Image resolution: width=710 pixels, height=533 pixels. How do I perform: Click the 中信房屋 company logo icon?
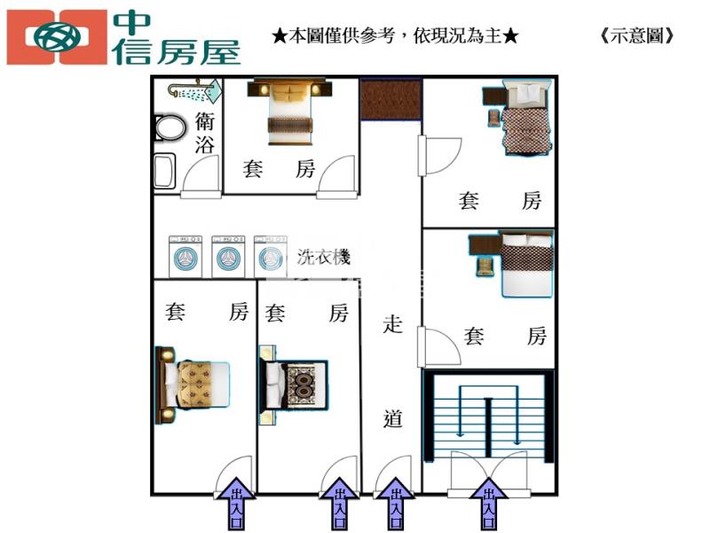56,36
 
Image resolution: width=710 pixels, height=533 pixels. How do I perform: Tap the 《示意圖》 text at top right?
637,36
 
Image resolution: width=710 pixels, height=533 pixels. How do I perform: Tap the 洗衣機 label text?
323,258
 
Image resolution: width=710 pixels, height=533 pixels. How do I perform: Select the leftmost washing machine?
185,257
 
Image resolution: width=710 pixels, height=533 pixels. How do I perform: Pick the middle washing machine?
228,257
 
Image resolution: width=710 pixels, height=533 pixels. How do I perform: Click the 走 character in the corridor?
392,324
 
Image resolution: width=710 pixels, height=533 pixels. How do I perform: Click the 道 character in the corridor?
392,418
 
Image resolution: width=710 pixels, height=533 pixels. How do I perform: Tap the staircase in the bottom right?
488,413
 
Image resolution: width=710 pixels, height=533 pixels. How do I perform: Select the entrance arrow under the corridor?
392,502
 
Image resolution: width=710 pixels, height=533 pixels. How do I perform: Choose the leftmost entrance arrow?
237,502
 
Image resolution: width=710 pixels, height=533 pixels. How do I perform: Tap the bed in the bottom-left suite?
197,385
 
